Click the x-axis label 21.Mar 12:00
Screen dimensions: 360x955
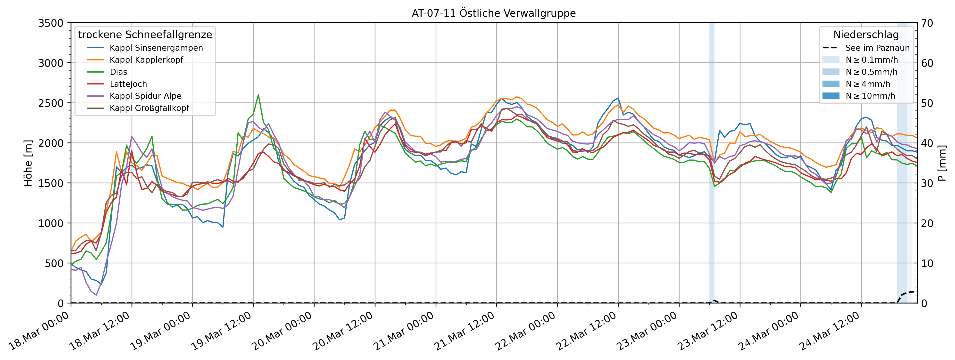click(465, 331)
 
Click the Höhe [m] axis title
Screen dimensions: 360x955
click(28, 163)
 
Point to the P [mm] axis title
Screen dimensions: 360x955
click(942, 163)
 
